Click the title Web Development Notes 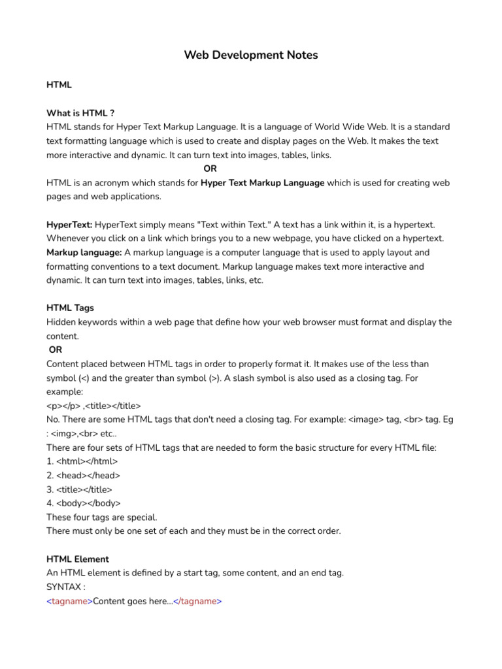tap(251, 56)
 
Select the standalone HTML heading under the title tap(59, 85)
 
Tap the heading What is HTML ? tap(80, 113)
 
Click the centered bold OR tap(210, 169)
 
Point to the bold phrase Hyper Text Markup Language tap(262, 183)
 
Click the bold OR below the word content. tap(56, 350)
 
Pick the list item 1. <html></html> tap(82, 461)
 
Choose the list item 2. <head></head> tap(84, 476)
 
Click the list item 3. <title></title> tap(80, 489)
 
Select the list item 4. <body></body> tap(84, 503)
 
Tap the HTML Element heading tap(78, 559)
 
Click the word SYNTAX tap(63, 587)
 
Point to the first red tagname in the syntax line tap(69, 601)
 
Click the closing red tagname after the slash tap(199, 601)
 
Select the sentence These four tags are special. tap(102, 517)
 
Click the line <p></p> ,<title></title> tap(93, 406)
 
